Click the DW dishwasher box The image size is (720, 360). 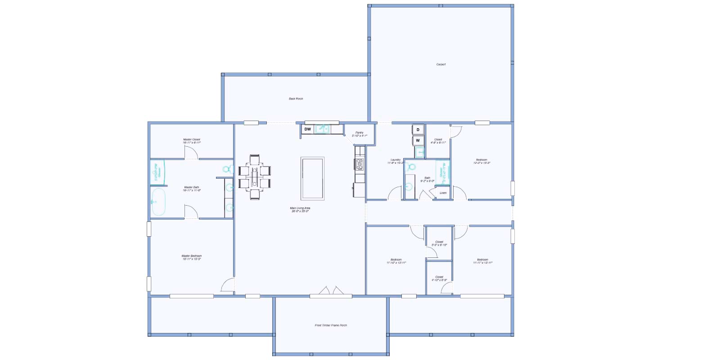(307, 129)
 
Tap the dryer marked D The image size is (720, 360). (418, 130)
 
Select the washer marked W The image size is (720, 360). (418, 140)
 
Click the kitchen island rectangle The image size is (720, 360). (312, 178)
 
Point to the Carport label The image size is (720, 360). (441, 64)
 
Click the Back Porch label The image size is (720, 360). (296, 99)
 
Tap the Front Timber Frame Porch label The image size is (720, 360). (331, 325)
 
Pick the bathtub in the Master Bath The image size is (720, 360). (158, 202)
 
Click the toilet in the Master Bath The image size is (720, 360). (227, 169)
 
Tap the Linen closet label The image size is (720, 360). (443, 193)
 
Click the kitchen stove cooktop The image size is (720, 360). (360, 164)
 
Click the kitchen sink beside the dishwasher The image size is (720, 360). (322, 129)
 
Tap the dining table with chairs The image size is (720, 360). (255, 177)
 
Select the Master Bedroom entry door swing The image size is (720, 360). (228, 285)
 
